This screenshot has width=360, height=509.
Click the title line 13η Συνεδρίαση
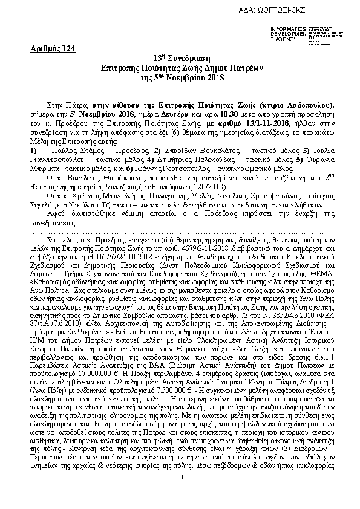[x=182, y=58]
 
